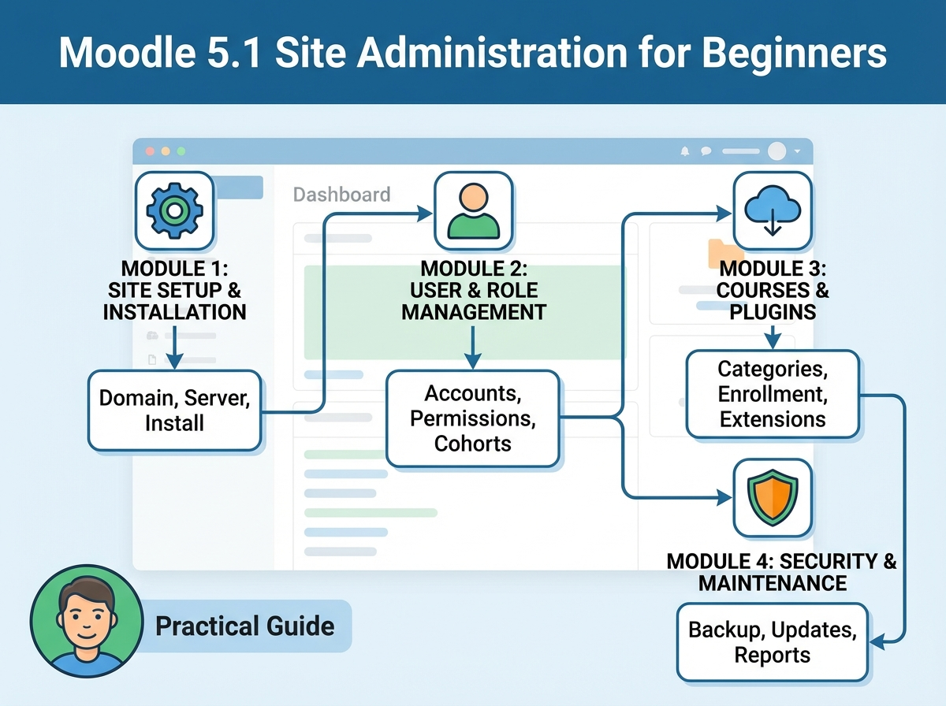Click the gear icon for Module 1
click(174, 210)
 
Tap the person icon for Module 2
click(473, 210)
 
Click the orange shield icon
click(773, 497)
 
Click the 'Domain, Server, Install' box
click(174, 411)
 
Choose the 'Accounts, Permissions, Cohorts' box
click(473, 418)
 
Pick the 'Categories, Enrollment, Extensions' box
click(773, 394)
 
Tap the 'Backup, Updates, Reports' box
click(773, 642)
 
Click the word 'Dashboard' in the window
click(342, 195)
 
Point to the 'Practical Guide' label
click(245, 626)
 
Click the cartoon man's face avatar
click(87, 621)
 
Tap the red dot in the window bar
click(150, 151)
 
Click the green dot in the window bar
click(181, 151)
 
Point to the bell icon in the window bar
click(685, 151)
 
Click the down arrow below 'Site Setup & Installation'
click(174, 347)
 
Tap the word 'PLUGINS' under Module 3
click(773, 312)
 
